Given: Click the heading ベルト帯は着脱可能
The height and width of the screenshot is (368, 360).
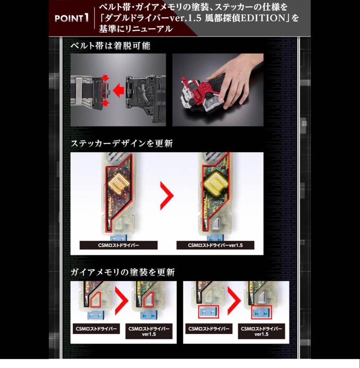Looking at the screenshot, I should click(110, 46).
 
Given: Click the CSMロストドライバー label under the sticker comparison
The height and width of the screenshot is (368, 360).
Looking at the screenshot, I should click(118, 245).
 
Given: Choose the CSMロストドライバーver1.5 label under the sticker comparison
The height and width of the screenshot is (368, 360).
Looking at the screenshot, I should click(215, 245).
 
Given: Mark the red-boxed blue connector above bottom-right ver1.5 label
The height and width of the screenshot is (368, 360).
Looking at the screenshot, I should click(262, 312).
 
